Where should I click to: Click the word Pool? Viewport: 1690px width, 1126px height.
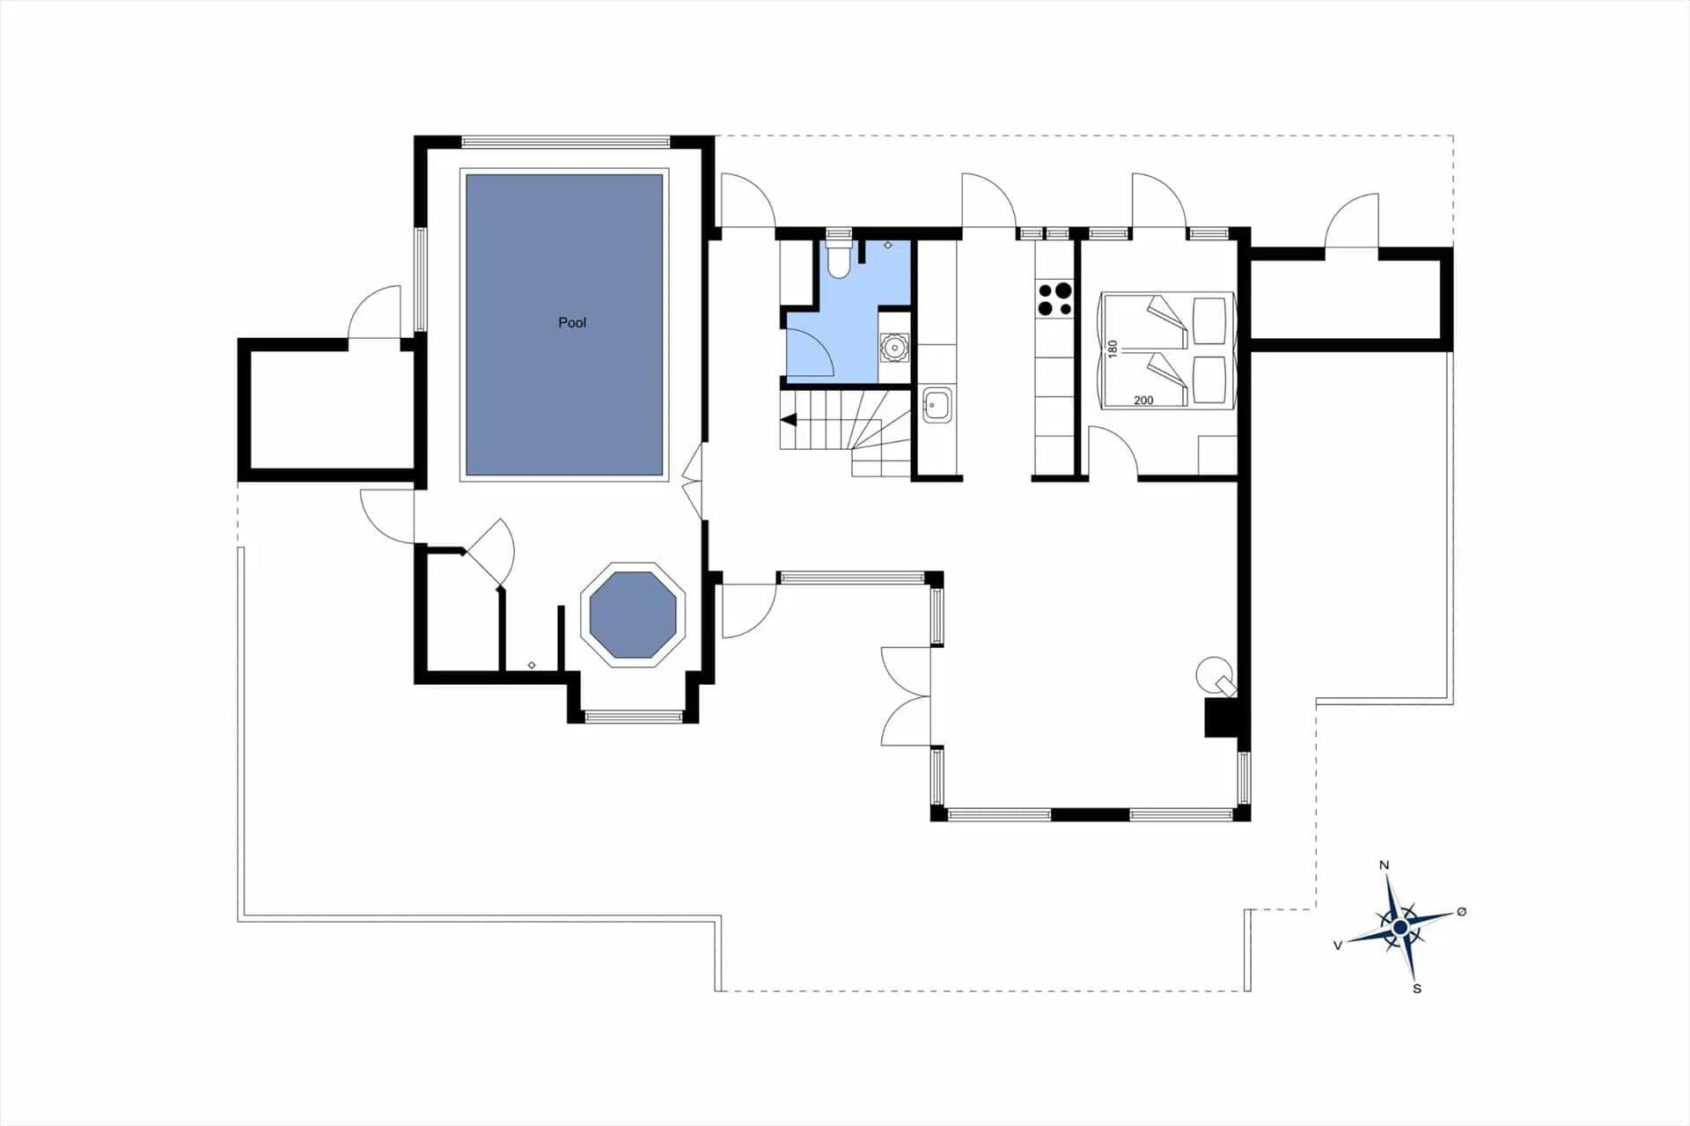click(x=572, y=323)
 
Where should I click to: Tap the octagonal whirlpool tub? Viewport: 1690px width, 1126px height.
click(x=633, y=615)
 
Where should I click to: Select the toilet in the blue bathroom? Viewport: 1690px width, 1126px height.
click(x=839, y=259)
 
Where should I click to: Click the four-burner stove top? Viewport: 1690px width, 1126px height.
click(x=1054, y=298)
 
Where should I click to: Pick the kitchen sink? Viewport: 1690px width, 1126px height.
click(x=936, y=406)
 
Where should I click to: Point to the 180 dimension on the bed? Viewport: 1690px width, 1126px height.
click(x=1113, y=349)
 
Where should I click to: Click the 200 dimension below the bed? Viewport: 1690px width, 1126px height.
click(x=1143, y=401)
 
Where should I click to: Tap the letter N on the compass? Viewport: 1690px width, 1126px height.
click(x=1384, y=865)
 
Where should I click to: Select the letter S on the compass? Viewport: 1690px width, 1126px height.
click(x=1417, y=989)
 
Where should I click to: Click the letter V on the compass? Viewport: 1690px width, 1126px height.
click(x=1338, y=946)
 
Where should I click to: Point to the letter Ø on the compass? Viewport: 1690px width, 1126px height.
click(x=1462, y=912)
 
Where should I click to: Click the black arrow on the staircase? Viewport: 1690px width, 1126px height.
click(x=789, y=420)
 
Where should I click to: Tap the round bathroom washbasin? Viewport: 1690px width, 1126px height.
click(x=894, y=349)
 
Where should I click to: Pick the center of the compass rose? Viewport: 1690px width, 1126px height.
click(x=1400, y=927)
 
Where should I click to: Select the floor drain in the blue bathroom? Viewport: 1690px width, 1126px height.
click(x=888, y=245)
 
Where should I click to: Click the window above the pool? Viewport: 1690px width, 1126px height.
click(x=565, y=141)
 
